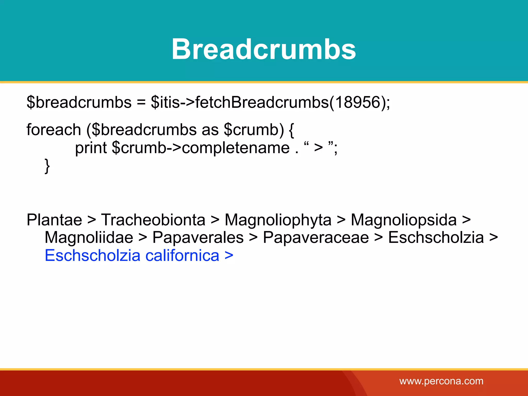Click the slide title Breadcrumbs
(264, 49)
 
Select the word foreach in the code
(54, 129)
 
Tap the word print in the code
(91, 148)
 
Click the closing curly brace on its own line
(47, 166)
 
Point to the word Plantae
(54, 220)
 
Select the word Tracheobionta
(153, 220)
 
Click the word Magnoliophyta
(278, 220)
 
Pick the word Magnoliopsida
(403, 220)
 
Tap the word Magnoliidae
(89, 237)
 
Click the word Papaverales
(198, 237)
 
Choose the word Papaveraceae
(316, 237)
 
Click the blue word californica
(182, 255)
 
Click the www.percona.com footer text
(441, 381)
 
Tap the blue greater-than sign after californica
(229, 255)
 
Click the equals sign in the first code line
(141, 103)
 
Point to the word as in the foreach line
(210, 130)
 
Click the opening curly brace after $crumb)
(291, 130)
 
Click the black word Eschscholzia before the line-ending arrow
(436, 237)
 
